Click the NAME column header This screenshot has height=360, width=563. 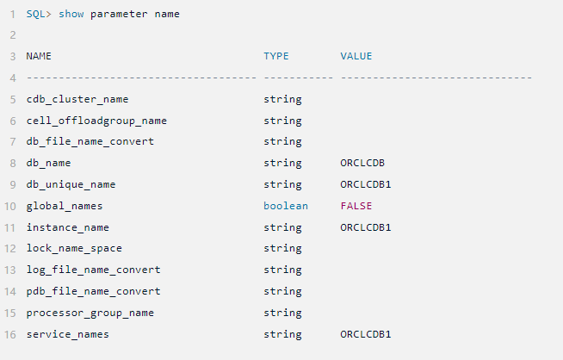[39, 56]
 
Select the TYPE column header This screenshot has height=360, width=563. [276, 56]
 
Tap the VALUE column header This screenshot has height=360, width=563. [356, 56]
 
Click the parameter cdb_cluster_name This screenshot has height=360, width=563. [77, 99]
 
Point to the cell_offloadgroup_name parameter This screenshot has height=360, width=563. [96, 121]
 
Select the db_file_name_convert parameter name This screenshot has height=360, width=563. [90, 141]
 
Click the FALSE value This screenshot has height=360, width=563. [356, 206]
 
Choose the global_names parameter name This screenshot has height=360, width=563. [65, 206]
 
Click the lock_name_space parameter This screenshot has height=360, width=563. [74, 249]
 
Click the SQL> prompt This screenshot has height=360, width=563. [39, 14]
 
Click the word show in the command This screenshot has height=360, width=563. [71, 14]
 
